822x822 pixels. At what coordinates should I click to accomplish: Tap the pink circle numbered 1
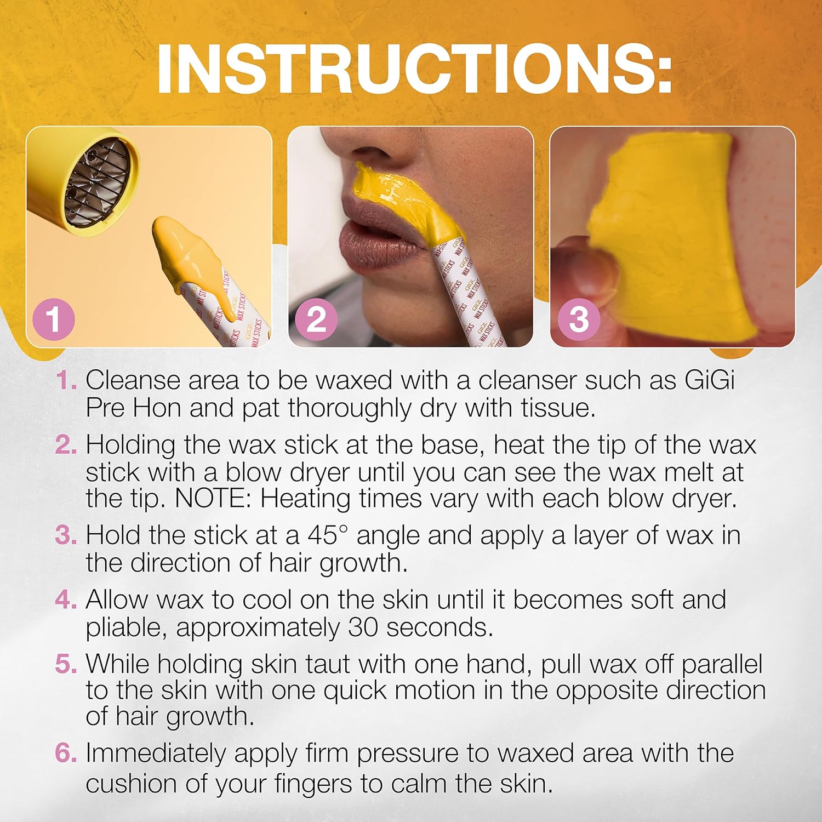click(53, 319)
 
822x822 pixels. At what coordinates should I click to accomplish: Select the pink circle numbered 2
click(316, 319)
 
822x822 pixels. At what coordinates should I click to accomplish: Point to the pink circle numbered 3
click(579, 319)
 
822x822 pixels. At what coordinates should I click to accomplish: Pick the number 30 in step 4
click(363, 627)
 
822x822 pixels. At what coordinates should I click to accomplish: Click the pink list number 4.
click(65, 600)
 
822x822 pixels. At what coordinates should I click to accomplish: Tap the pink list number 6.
click(65, 754)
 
